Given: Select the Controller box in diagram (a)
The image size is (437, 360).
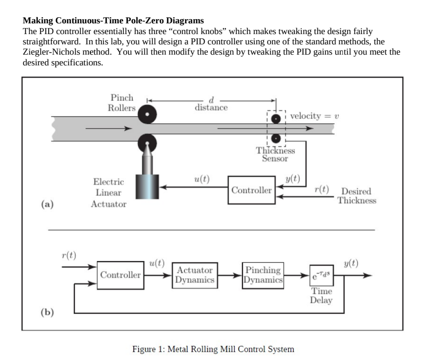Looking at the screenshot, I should tap(251, 190).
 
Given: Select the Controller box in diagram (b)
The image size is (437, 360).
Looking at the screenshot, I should tap(121, 275).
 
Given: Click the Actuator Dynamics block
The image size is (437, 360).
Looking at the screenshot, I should tap(195, 275).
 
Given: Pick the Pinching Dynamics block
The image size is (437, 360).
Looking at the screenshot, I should tap(264, 275).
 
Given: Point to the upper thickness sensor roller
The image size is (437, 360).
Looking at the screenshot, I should tap(277, 118).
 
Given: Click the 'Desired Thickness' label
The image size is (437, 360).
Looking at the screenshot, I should tap(357, 196).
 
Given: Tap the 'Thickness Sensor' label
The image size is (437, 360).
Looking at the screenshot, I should tap(275, 155).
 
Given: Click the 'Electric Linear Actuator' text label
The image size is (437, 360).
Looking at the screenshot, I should tap(108, 193).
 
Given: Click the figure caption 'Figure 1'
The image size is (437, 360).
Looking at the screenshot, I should tap(214, 349).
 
